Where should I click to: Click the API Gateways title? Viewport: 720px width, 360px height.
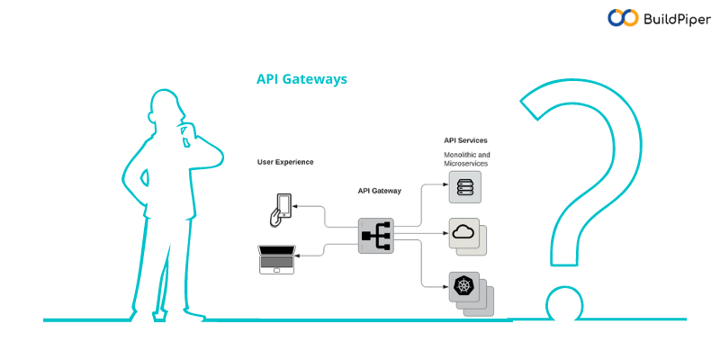click(301, 79)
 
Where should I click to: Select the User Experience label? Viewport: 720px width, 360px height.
click(285, 162)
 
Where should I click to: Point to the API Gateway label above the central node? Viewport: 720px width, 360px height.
click(380, 191)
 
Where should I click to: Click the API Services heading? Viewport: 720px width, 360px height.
click(465, 140)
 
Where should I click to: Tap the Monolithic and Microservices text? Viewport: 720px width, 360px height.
click(466, 159)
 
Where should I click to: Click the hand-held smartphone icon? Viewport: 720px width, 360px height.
click(281, 209)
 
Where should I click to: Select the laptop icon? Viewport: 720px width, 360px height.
click(275, 259)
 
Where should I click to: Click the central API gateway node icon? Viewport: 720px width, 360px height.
click(376, 236)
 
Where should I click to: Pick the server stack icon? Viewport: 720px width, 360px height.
click(465, 187)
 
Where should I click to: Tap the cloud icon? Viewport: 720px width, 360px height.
click(463, 233)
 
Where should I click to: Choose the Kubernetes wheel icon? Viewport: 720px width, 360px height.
click(463, 287)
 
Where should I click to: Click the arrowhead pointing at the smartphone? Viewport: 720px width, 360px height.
click(298, 208)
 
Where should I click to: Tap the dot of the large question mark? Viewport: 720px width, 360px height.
click(563, 304)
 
